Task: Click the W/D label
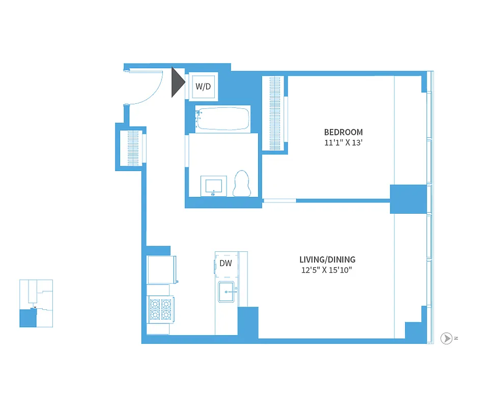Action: coord(203,86)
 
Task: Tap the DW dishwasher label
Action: coord(225,263)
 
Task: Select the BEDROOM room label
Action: coord(344,132)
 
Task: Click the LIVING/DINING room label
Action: coord(327,259)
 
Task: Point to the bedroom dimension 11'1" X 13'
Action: coord(343,143)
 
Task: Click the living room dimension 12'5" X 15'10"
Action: coord(327,270)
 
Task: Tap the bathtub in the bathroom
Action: coord(223,119)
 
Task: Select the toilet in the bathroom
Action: coord(242,184)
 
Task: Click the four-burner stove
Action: coord(160,309)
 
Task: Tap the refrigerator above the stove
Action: coord(161,270)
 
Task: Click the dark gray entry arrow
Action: coord(177,82)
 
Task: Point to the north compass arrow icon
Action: coord(446,338)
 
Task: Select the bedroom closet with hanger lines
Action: coord(274,113)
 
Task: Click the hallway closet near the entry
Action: coord(132,148)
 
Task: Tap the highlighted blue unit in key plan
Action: coord(28,318)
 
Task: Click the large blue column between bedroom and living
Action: coord(408,199)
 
